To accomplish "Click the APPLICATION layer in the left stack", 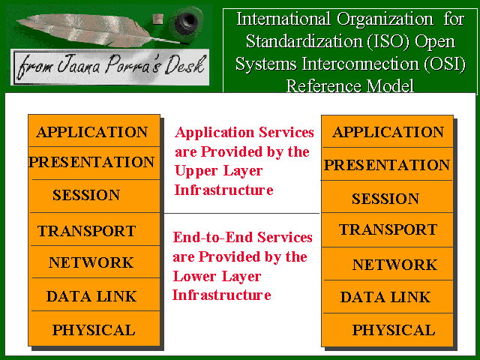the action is (x=94, y=130).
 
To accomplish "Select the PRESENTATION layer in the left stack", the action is (x=94, y=163).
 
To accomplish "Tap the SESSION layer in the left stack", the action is (x=94, y=196).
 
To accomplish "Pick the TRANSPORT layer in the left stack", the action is (x=94, y=229).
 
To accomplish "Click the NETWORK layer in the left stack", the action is (x=94, y=262).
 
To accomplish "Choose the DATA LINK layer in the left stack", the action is (x=94, y=295).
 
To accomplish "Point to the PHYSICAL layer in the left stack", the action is (x=94, y=328).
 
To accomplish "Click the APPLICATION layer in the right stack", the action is (x=387, y=132).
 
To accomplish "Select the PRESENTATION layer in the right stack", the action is (x=387, y=164).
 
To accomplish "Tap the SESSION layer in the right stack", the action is (x=387, y=196).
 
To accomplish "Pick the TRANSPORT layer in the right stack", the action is (x=387, y=230).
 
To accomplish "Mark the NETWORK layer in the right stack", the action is (x=387, y=263).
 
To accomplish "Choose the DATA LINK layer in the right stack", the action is (x=387, y=297).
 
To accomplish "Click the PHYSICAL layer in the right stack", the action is (x=387, y=330).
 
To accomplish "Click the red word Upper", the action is (x=196, y=172).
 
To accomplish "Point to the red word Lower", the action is (x=194, y=276).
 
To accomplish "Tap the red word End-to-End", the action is (x=213, y=237).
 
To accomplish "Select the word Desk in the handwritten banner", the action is (x=184, y=64).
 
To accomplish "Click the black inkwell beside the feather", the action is (x=187, y=22).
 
